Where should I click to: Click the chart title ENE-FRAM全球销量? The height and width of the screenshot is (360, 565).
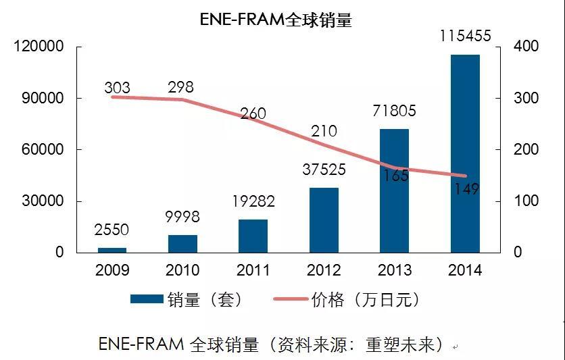[x=276, y=20]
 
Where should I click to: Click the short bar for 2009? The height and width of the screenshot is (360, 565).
[x=112, y=250]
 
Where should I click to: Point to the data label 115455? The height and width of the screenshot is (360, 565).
[x=465, y=36]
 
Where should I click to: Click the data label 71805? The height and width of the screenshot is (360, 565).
[x=395, y=111]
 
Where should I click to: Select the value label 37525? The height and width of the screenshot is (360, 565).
[x=324, y=170]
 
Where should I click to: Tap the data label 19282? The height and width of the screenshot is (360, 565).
[x=253, y=201]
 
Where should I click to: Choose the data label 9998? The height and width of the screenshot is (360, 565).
[x=182, y=217]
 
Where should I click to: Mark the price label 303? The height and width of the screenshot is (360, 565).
[x=118, y=88]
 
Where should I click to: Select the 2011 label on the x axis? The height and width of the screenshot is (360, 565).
[x=253, y=271]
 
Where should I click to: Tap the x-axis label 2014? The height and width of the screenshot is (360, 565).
[x=465, y=271]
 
